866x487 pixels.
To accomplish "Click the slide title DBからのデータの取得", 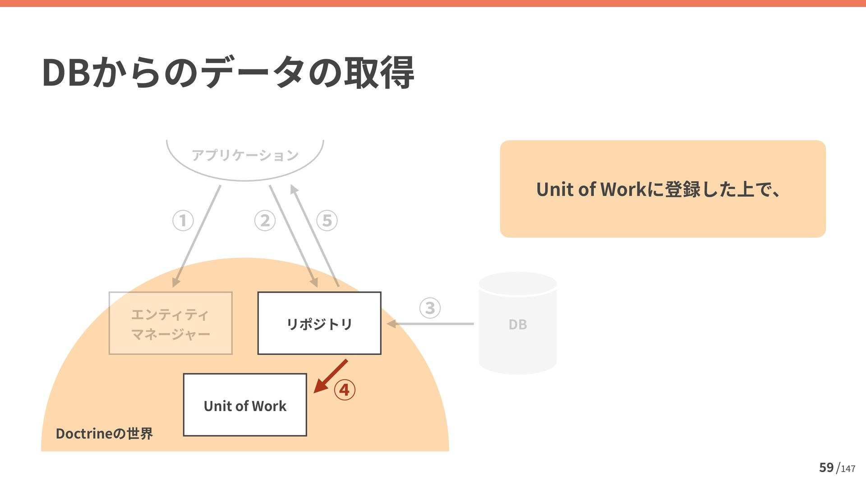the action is pyautogui.click(x=228, y=72).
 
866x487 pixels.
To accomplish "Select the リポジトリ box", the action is pyautogui.click(x=319, y=323).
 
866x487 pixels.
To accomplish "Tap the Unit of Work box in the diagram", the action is pyautogui.click(x=245, y=405).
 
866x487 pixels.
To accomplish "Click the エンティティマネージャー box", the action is pyautogui.click(x=170, y=323).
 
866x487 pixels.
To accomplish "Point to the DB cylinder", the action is pyautogui.click(x=517, y=323).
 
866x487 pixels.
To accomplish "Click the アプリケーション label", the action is pyautogui.click(x=245, y=155).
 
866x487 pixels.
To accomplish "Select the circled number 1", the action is pyautogui.click(x=183, y=221).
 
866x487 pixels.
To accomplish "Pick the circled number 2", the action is pyautogui.click(x=265, y=221).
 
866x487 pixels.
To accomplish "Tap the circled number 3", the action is pyautogui.click(x=430, y=308).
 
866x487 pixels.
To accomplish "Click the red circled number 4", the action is pyautogui.click(x=345, y=390).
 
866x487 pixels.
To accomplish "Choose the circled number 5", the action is pyautogui.click(x=327, y=221).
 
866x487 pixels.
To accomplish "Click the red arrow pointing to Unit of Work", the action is pyautogui.click(x=331, y=376).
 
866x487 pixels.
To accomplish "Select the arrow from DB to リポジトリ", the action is pyautogui.click(x=431, y=324).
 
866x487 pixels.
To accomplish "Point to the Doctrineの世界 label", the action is pyautogui.click(x=104, y=433).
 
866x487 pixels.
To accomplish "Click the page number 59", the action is pyautogui.click(x=826, y=467).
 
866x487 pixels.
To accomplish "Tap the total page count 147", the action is pyautogui.click(x=848, y=469).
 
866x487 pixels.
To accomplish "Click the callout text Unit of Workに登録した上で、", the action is pyautogui.click(x=658, y=189).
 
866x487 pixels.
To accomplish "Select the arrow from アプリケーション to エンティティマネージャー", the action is pyautogui.click(x=197, y=236).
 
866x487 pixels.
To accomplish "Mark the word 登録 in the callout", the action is pyautogui.click(x=682, y=189).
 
